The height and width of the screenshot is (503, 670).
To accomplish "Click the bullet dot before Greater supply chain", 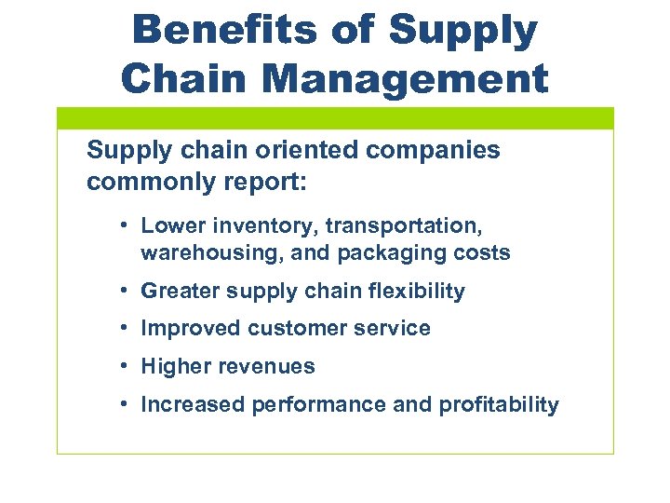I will coord(123,291).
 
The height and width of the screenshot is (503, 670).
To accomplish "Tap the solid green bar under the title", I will coord(335,117).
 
